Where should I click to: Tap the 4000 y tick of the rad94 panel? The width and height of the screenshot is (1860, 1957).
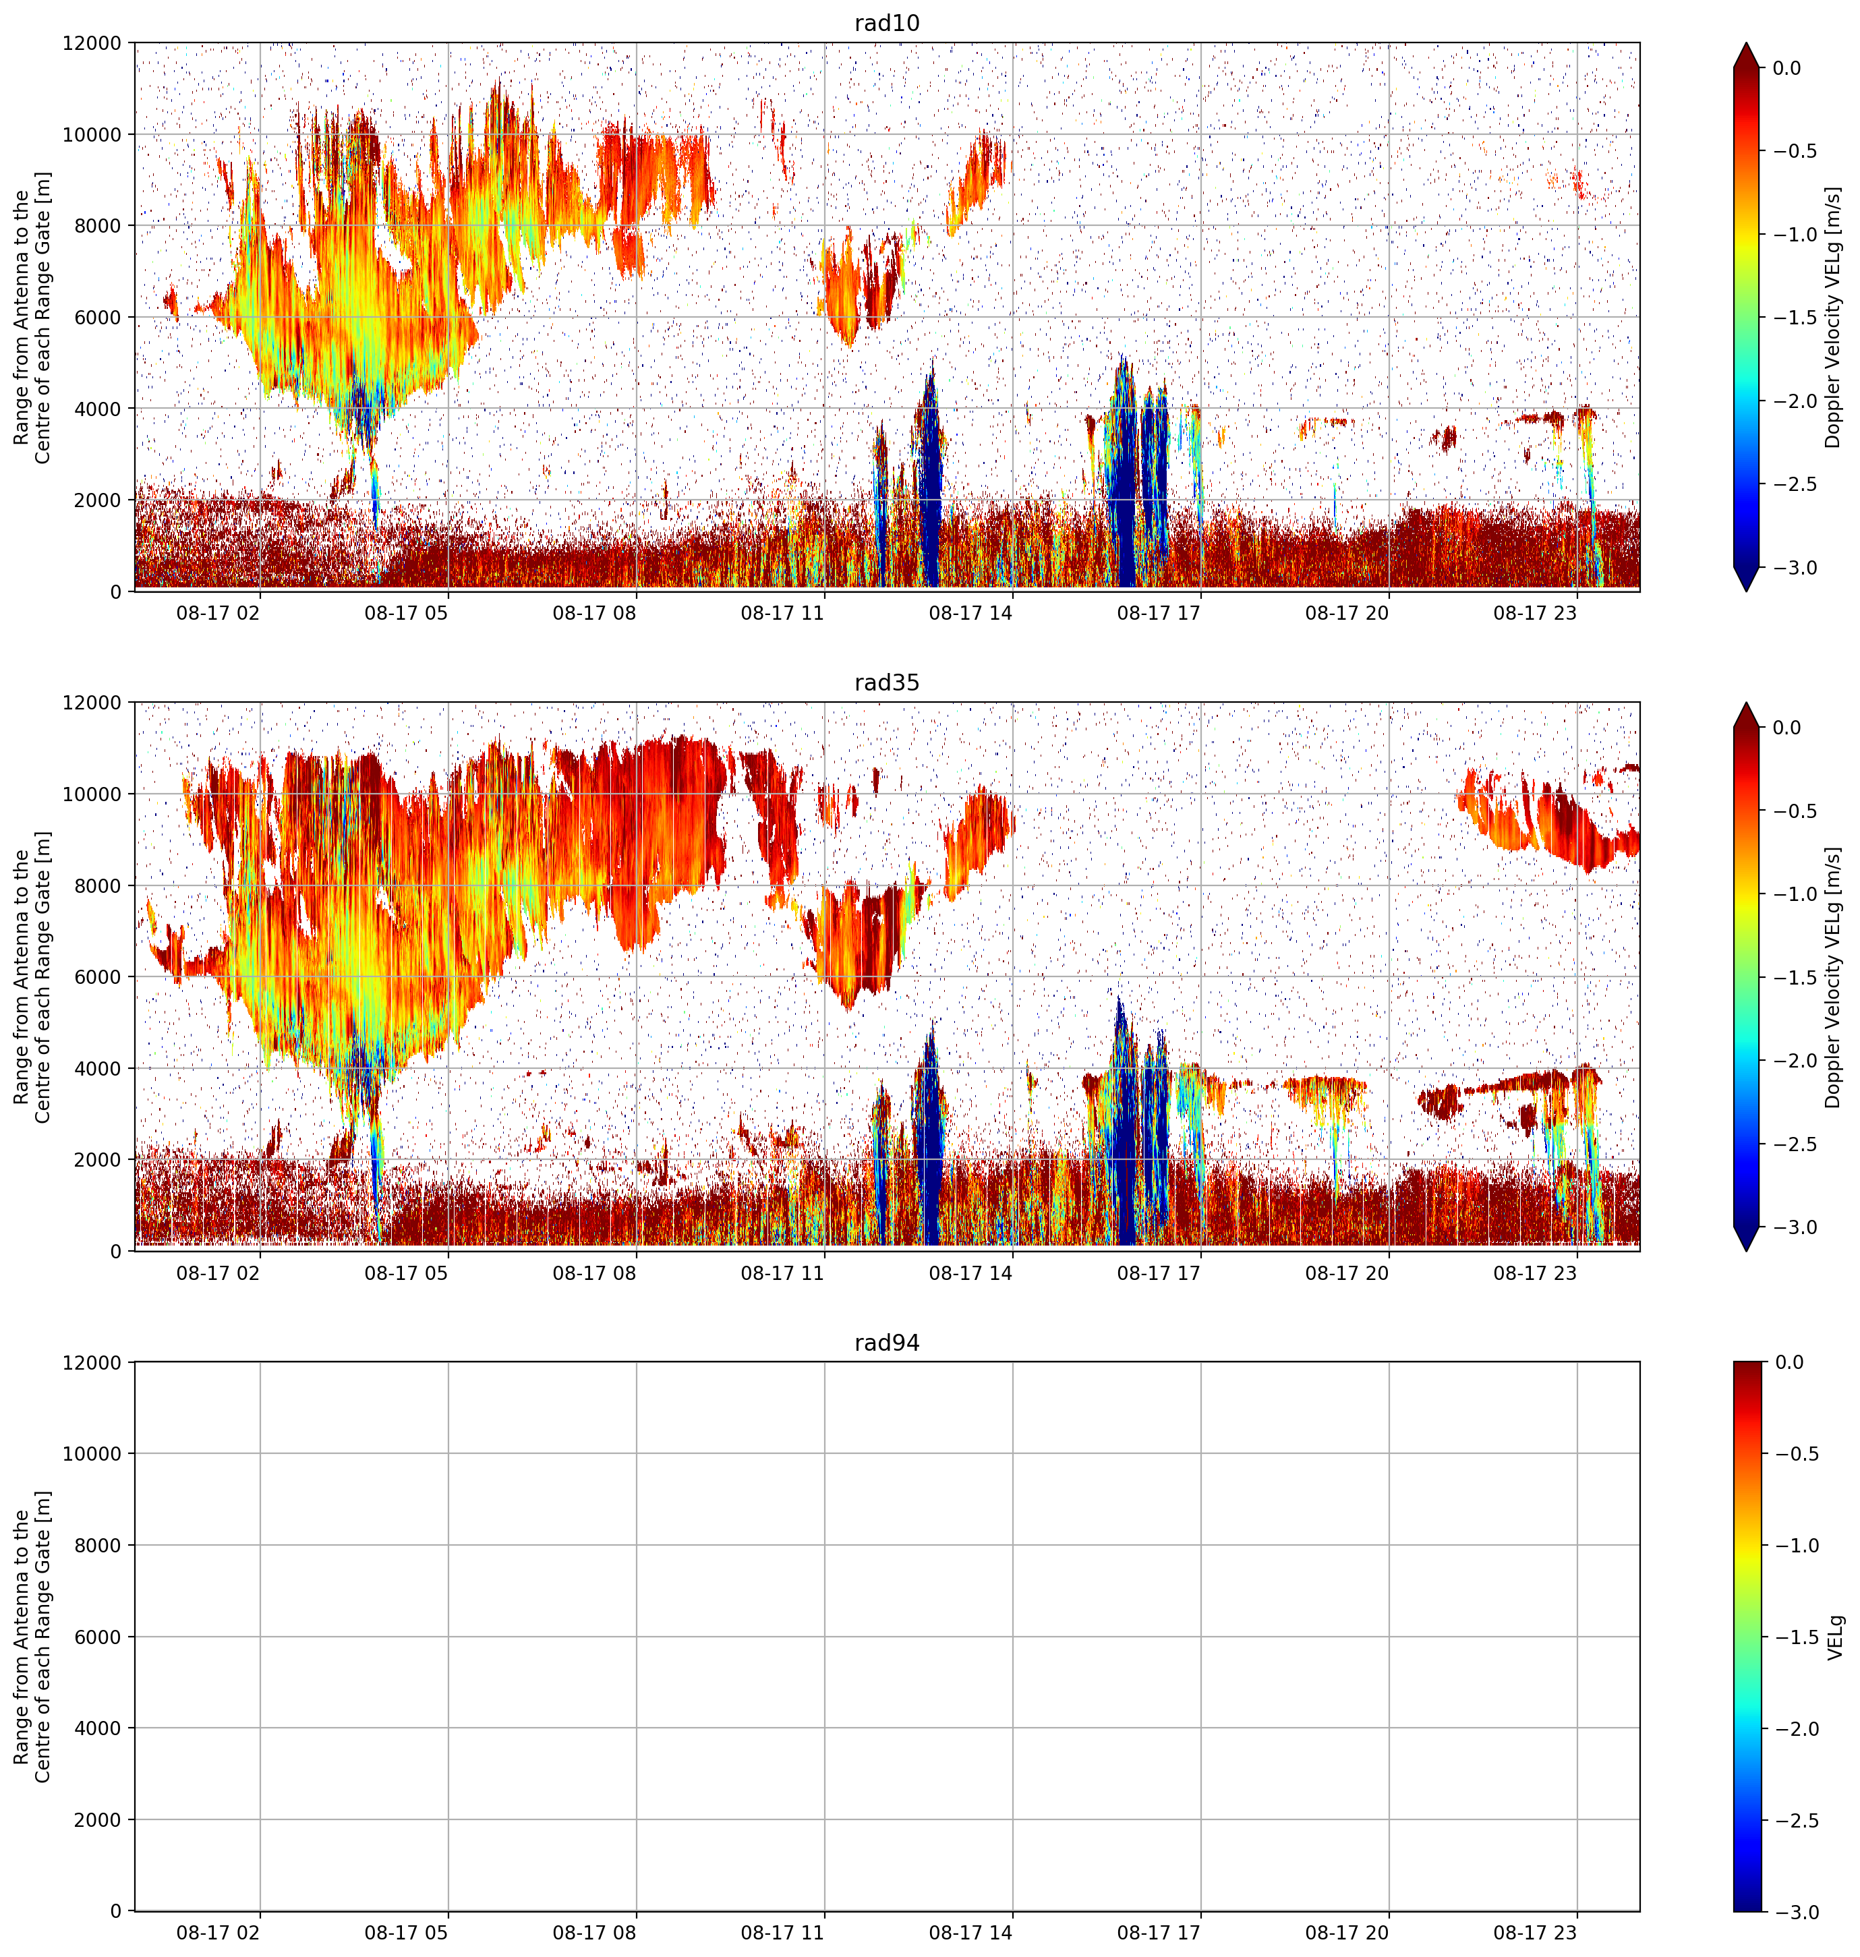pyautogui.click(x=99, y=1728)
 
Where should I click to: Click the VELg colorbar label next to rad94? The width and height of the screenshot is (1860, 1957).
pyautogui.click(x=1836, y=1637)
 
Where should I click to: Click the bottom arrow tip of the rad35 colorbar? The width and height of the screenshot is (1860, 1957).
pyautogui.click(x=1747, y=1251)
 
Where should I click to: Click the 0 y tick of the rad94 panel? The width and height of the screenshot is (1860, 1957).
pyautogui.click(x=117, y=1910)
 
